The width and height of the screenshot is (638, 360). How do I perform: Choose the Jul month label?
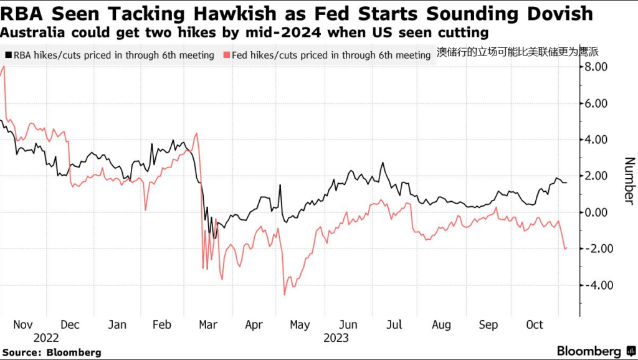click(x=394, y=325)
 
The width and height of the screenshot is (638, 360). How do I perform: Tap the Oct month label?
click(x=535, y=325)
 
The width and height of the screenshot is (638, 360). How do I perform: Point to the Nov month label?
click(x=23, y=325)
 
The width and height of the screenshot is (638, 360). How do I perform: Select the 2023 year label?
click(x=336, y=338)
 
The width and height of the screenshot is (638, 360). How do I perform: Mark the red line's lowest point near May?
click(x=285, y=294)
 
